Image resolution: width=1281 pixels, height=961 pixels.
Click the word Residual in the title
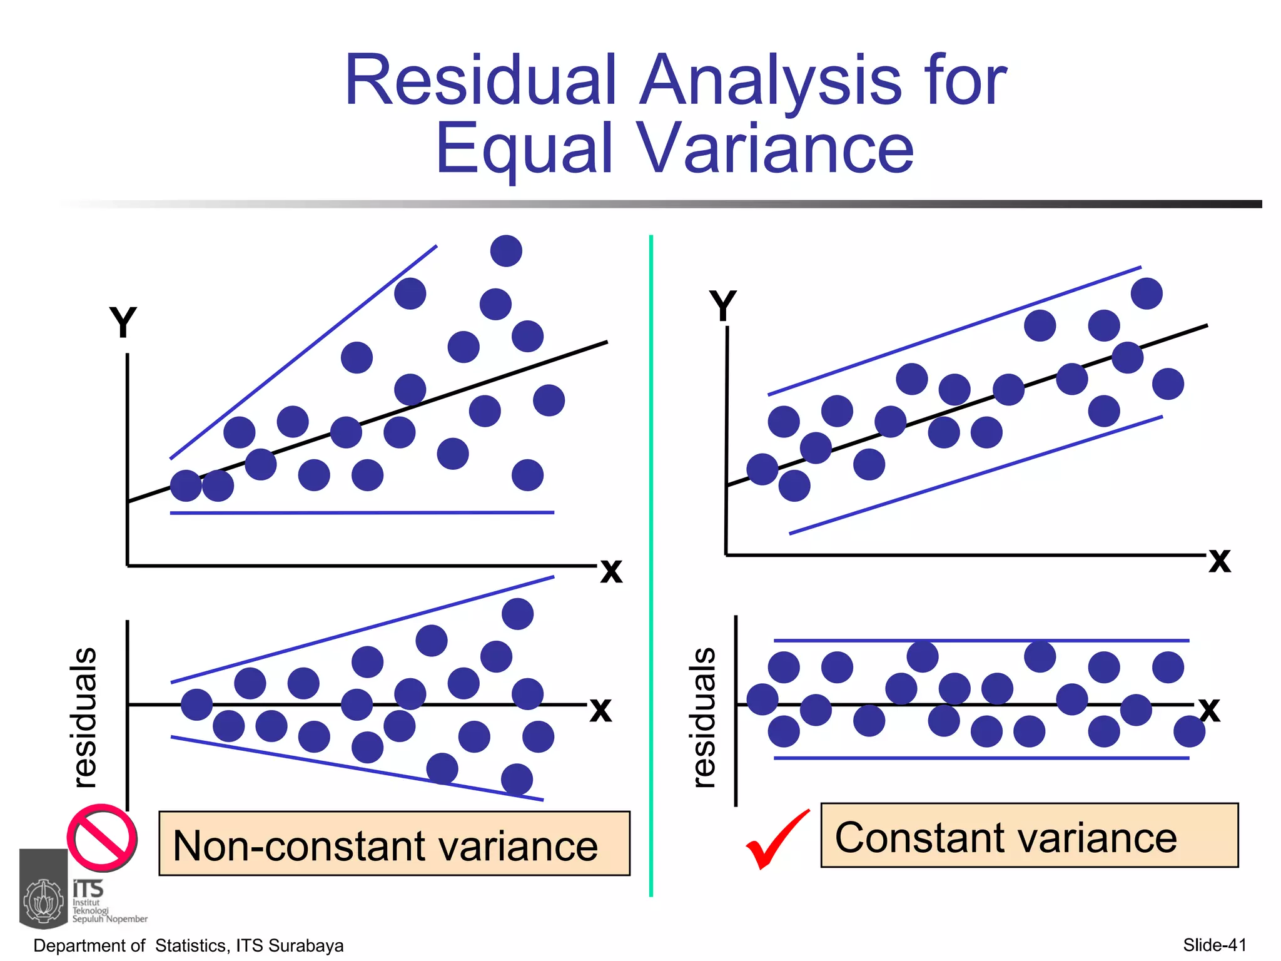click(x=482, y=81)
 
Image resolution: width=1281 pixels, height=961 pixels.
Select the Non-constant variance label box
click(x=394, y=843)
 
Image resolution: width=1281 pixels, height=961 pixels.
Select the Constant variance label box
click(x=1029, y=836)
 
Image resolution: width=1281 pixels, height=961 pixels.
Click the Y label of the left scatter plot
click(x=123, y=323)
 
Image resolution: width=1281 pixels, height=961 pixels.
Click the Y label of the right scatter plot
click(x=723, y=307)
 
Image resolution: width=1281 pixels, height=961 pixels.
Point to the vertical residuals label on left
click(x=84, y=717)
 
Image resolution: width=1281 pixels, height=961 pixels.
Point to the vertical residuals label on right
click(x=703, y=717)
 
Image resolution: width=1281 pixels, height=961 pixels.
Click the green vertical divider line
click(x=651, y=563)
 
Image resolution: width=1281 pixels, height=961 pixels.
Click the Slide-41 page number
click(x=1214, y=945)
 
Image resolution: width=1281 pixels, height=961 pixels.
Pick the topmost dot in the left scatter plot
click(x=506, y=251)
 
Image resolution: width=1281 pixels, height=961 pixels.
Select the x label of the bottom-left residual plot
click(x=600, y=709)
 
